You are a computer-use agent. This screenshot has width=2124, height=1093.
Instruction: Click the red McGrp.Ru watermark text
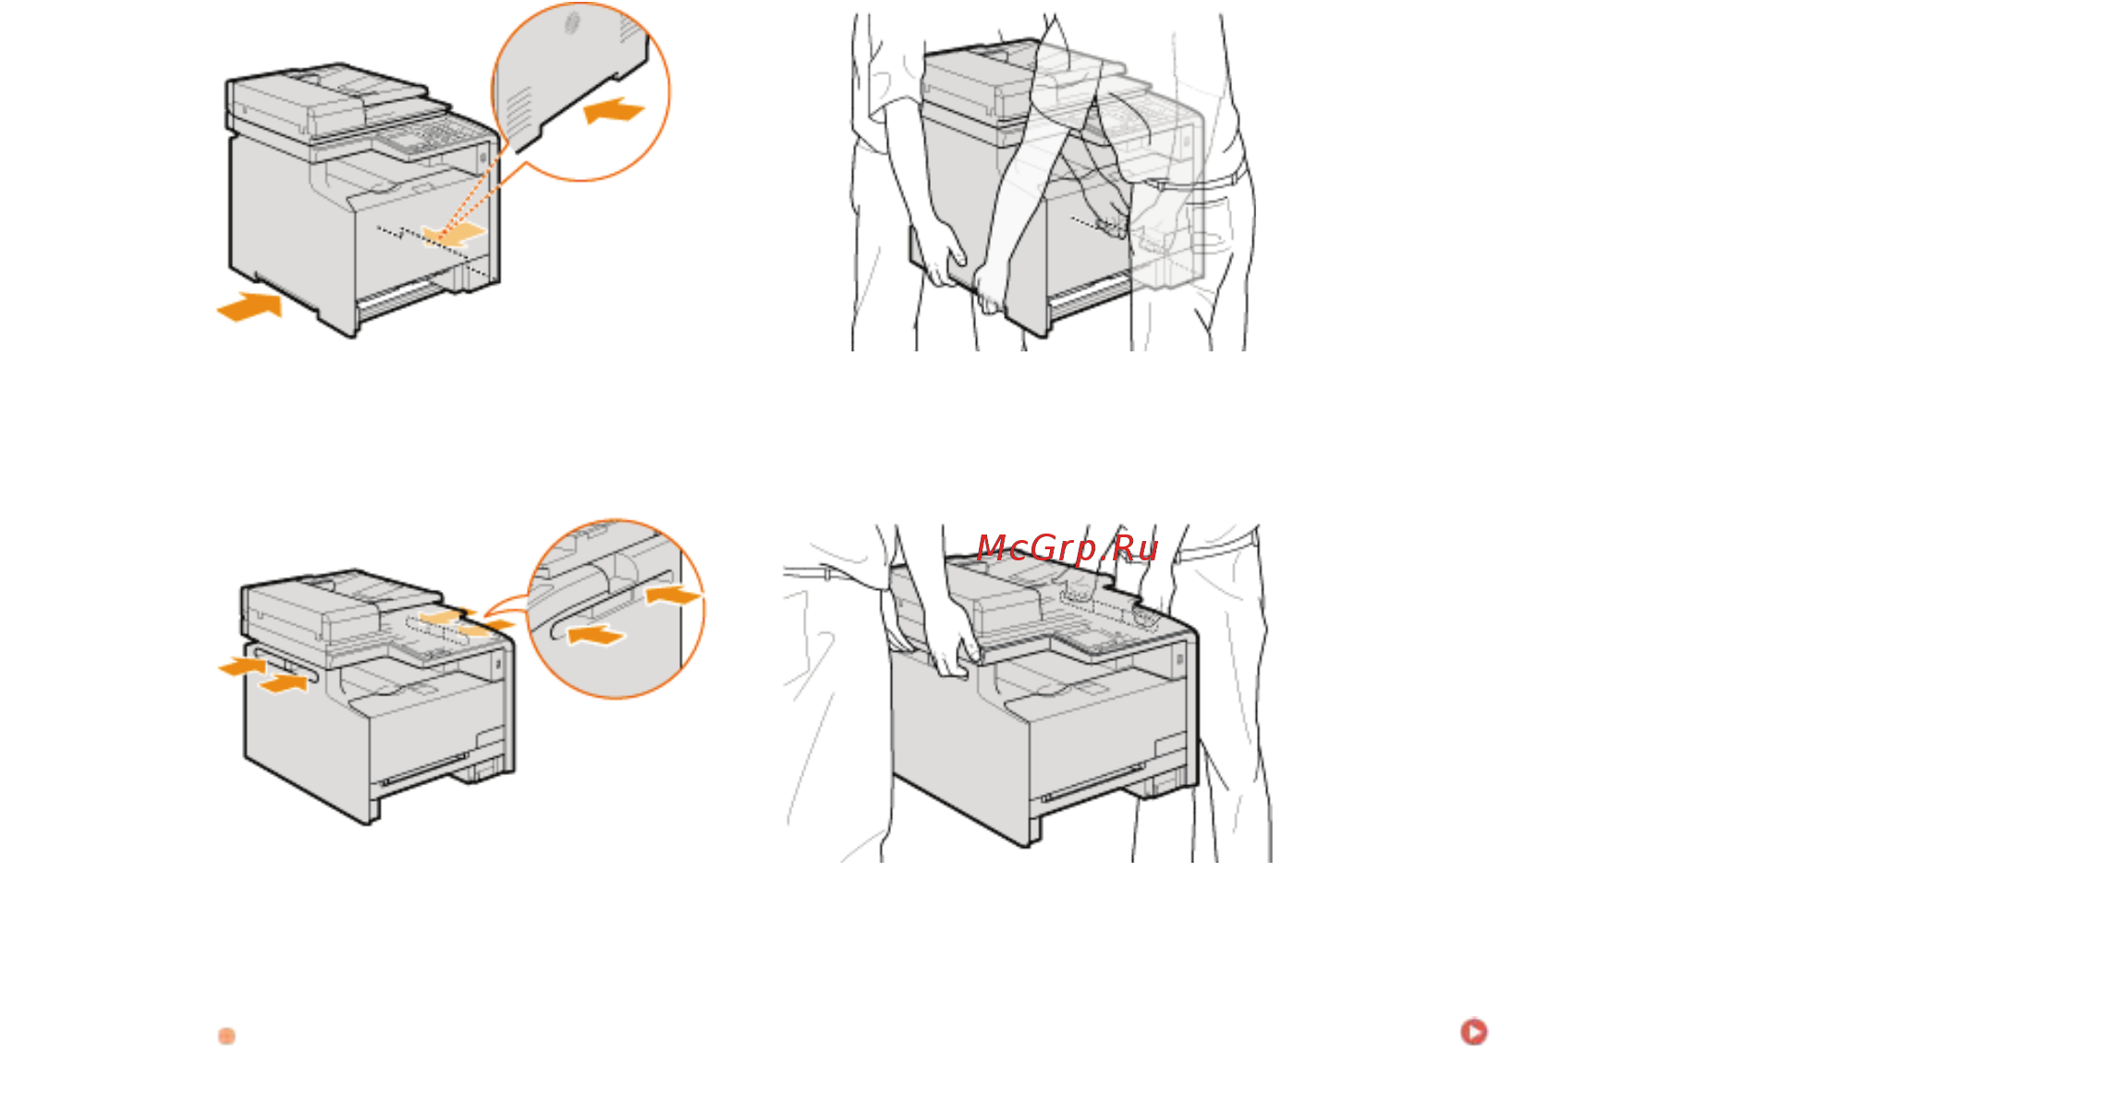click(x=1067, y=548)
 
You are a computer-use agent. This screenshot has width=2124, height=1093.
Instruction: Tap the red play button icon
click(x=1473, y=1032)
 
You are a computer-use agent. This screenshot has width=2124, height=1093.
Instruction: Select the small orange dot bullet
click(x=226, y=1036)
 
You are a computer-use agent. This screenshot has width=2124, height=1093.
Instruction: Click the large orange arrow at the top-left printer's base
click(x=250, y=307)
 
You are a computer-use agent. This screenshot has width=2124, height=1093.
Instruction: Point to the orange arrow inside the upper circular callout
click(x=613, y=110)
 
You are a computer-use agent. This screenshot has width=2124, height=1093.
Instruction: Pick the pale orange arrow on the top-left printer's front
click(x=453, y=233)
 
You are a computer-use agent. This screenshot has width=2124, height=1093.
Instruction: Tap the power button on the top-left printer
click(x=482, y=158)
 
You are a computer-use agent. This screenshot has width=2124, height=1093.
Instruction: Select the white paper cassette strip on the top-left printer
click(x=399, y=297)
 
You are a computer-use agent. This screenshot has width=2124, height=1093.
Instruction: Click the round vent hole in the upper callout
click(x=572, y=23)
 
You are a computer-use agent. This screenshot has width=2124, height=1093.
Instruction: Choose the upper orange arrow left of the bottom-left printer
click(x=242, y=665)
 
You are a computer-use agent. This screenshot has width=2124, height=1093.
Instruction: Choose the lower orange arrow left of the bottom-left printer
click(x=283, y=683)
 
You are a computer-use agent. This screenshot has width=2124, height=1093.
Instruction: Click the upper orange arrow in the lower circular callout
click(x=674, y=594)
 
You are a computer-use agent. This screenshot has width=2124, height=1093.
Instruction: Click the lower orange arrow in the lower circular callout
click(x=596, y=634)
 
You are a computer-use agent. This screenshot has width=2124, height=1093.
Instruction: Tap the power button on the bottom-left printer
click(x=497, y=664)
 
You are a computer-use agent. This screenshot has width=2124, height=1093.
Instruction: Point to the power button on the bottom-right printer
click(x=1178, y=659)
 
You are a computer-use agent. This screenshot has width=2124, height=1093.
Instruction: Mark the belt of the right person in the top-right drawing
click(x=1192, y=180)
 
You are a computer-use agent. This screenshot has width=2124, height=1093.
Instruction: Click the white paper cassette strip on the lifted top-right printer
click(x=1089, y=297)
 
